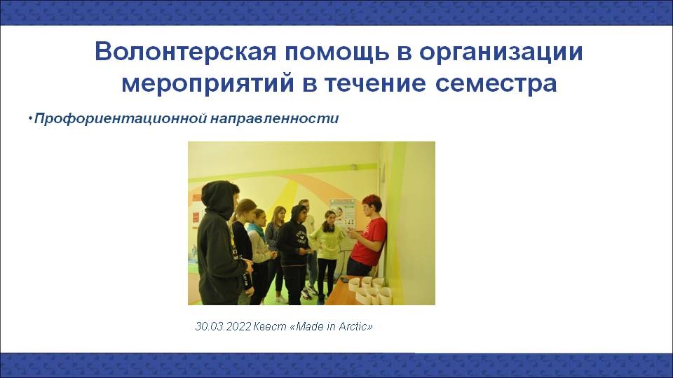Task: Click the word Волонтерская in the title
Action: (185, 52)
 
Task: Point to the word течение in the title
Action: (374, 83)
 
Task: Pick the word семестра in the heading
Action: (496, 83)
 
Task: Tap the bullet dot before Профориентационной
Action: (30, 118)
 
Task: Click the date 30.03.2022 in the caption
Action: (223, 327)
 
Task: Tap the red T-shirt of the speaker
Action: (369, 241)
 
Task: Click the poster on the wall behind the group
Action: (343, 213)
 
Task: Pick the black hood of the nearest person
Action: (219, 198)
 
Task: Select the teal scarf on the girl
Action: (257, 230)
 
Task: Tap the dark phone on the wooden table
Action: (344, 279)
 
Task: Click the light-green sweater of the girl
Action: (327, 243)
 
